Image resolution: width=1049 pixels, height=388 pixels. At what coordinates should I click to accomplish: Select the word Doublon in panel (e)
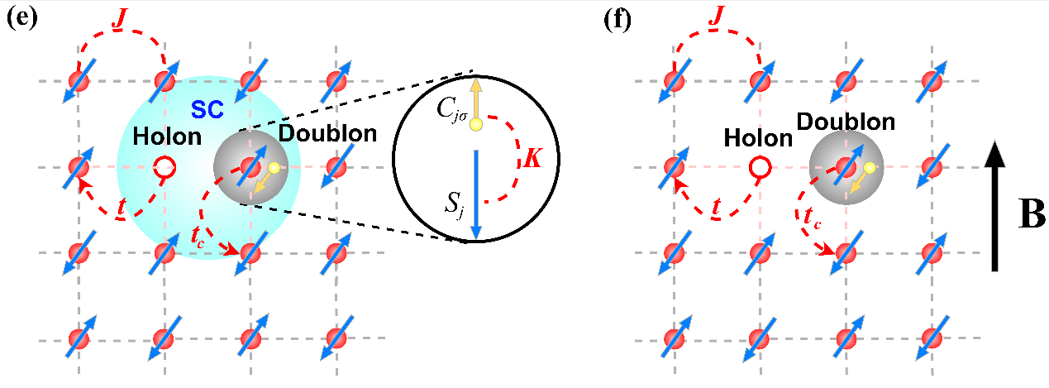pyautogui.click(x=315, y=133)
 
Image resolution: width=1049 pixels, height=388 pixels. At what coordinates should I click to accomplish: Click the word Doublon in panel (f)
pyautogui.click(x=846, y=122)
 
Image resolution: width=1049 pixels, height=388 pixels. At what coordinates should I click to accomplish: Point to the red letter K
pyautogui.click(x=533, y=158)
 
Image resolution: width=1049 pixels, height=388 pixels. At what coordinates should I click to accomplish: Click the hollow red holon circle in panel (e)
pyautogui.click(x=165, y=167)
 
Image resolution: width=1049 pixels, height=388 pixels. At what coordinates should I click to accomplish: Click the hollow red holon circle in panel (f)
pyautogui.click(x=758, y=169)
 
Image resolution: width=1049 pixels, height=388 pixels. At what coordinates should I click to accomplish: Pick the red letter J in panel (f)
pyautogui.click(x=718, y=15)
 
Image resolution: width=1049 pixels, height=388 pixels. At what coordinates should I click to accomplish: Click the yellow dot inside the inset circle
pyautogui.click(x=475, y=124)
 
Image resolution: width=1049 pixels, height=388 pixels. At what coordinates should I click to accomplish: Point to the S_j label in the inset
pyautogui.click(x=452, y=201)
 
